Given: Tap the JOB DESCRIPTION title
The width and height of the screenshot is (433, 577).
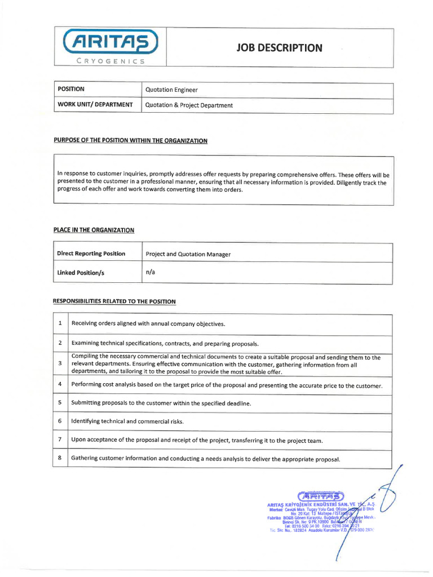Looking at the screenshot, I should click(x=279, y=48).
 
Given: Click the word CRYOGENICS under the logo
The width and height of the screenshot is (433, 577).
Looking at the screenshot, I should click(x=111, y=61).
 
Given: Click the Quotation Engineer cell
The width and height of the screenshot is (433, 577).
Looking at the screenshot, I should click(x=171, y=90).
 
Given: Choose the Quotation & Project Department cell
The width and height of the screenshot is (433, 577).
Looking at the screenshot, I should click(x=189, y=105).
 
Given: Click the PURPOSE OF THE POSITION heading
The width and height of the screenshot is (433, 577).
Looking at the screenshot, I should click(x=130, y=140).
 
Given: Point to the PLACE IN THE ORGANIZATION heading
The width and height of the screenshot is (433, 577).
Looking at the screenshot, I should click(x=94, y=230).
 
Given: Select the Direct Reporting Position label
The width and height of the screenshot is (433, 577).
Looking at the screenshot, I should click(x=91, y=254).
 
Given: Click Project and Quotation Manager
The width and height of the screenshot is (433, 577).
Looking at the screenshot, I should click(x=188, y=255).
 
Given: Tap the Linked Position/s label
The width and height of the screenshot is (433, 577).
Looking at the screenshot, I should click(x=81, y=273).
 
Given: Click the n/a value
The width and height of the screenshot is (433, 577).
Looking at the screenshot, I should click(x=150, y=272).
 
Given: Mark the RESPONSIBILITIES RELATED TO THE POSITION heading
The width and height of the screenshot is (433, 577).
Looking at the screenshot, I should click(x=114, y=301).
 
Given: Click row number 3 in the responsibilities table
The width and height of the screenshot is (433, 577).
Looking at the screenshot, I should click(x=60, y=363).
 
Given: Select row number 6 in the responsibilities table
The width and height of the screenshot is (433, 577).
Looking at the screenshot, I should click(x=60, y=421).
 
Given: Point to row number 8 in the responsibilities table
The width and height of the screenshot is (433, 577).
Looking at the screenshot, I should click(x=60, y=458).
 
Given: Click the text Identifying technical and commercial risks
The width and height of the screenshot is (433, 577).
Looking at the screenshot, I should click(x=127, y=421).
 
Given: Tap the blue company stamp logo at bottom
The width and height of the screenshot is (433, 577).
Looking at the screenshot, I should click(x=320, y=496).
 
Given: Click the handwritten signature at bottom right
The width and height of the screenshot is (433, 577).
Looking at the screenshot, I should click(x=389, y=496).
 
